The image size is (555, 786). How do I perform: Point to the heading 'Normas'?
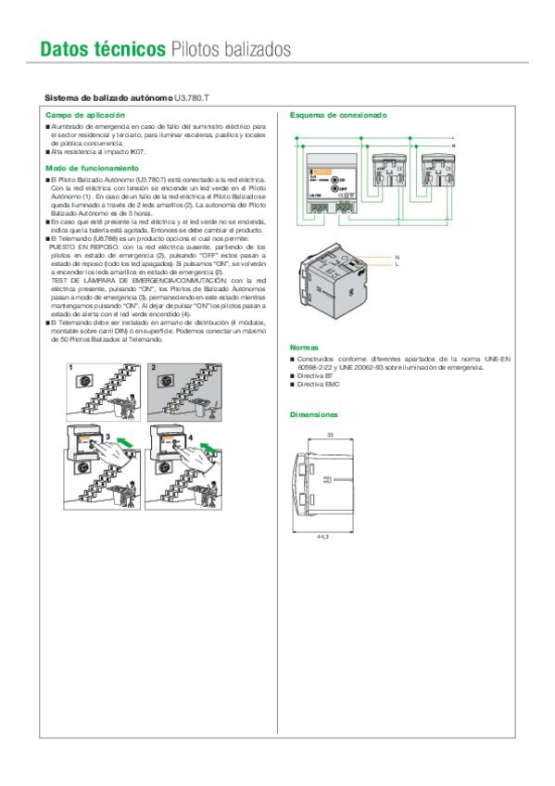pos(304,347)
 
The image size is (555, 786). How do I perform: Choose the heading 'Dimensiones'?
pos(315,414)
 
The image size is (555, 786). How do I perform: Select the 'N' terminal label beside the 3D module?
pos(397,257)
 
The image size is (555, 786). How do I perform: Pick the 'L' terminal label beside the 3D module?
pos(397,264)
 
